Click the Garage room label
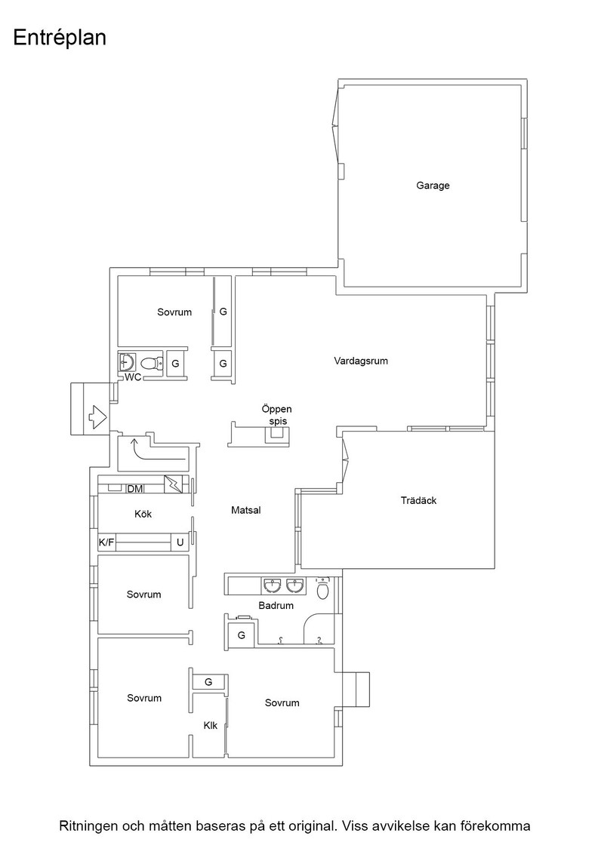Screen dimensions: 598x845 (x=433, y=186)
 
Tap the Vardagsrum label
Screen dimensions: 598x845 (x=361, y=361)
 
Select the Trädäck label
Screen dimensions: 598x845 (x=418, y=501)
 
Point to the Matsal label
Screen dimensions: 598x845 (x=246, y=510)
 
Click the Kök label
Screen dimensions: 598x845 (x=143, y=514)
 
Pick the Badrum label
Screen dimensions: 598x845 (x=276, y=606)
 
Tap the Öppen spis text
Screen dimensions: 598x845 (x=276, y=415)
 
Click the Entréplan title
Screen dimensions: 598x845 (x=60, y=38)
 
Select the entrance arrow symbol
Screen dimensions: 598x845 (x=97, y=416)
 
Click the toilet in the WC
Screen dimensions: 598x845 (x=153, y=362)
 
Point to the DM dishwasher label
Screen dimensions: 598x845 (x=135, y=489)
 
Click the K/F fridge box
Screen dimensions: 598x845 (x=106, y=542)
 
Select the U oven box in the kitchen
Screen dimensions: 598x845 (x=180, y=542)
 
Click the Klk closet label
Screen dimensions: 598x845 (x=211, y=726)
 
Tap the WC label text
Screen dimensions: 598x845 (x=133, y=377)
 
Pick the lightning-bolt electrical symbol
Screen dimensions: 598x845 (x=174, y=484)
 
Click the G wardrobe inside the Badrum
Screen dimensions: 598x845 (x=241, y=635)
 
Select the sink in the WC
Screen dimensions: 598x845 (x=128, y=361)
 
